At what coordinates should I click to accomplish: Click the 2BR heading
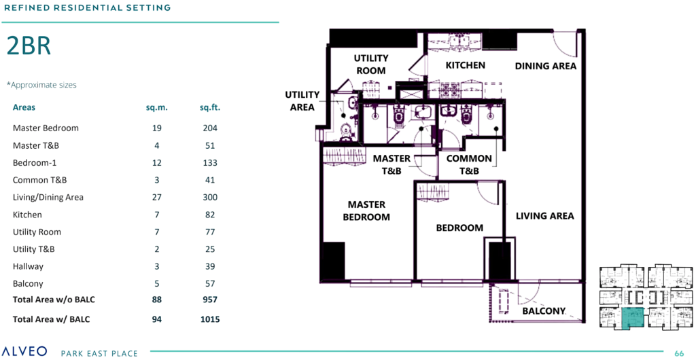coord(29,46)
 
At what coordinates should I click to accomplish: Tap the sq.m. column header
coord(156,107)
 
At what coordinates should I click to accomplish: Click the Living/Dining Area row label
coord(48,197)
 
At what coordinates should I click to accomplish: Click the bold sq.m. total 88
coord(156,299)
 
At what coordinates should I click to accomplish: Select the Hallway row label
coord(27,267)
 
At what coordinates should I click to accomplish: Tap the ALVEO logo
coord(24,351)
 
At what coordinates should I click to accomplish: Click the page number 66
coord(678,353)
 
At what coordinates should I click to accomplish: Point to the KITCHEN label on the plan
coord(465,65)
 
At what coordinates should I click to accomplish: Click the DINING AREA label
coord(545,66)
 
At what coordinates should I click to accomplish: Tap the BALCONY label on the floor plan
coord(544,311)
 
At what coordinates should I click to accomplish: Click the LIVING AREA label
coord(544,216)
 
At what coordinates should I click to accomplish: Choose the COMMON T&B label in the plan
coord(469,164)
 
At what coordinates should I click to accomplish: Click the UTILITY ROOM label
coord(370,65)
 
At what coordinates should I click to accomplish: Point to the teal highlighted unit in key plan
coord(633,318)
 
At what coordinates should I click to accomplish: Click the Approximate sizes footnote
coord(41,85)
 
